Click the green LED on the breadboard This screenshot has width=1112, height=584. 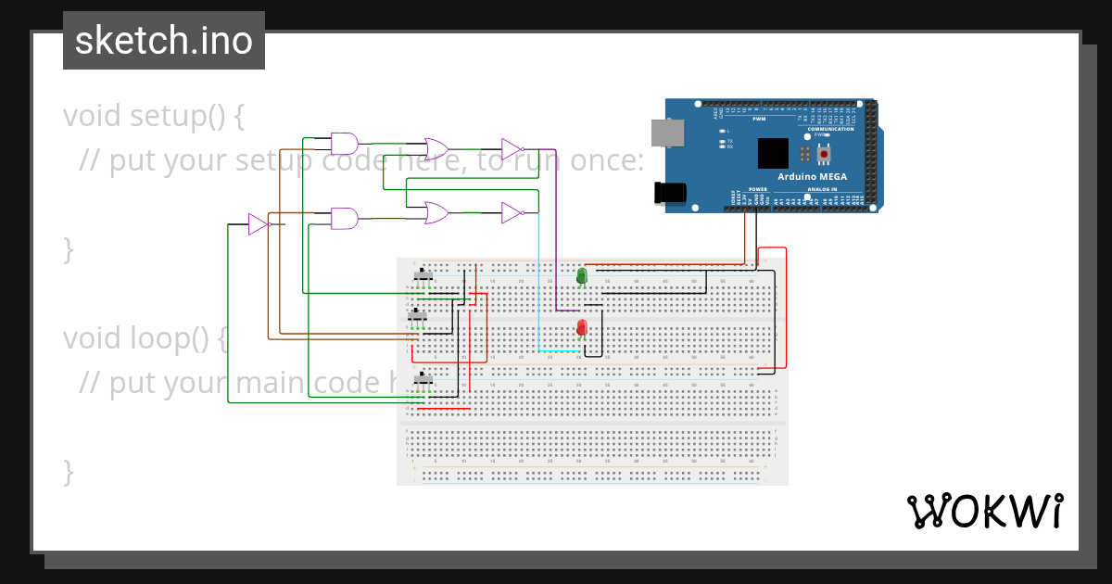point(582,275)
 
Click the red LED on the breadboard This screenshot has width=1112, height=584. point(582,327)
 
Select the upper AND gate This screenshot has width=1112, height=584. point(345,144)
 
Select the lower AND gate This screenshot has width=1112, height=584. point(345,219)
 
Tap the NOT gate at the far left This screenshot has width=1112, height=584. point(258,224)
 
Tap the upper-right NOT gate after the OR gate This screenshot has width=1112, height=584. point(512,149)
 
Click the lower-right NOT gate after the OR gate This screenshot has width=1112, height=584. point(512,213)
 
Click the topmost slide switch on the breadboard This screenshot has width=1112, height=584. point(423,275)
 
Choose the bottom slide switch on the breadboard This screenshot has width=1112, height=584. point(423,379)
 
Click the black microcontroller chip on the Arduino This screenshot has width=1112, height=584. point(773,153)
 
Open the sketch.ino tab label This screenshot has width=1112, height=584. point(164,41)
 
